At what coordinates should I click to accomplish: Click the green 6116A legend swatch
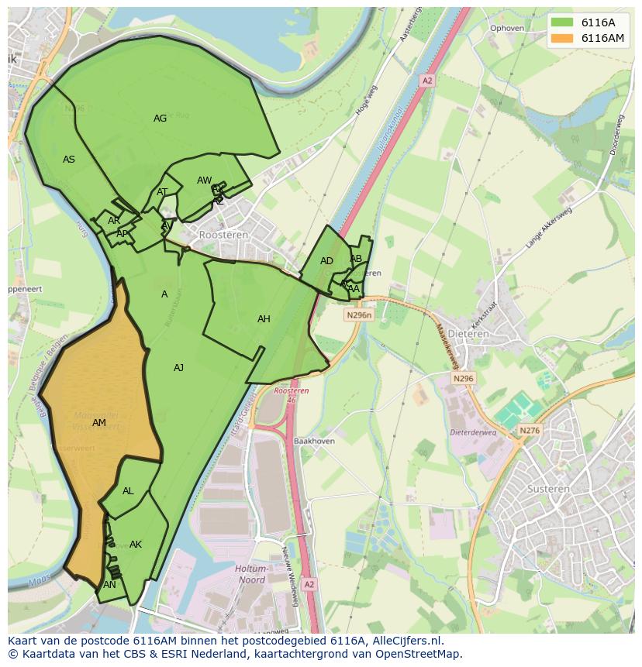(562, 22)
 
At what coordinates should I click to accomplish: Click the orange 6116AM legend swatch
(562, 38)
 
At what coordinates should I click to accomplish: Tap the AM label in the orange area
(98, 423)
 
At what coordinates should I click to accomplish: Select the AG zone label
(160, 119)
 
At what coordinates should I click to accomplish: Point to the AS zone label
(69, 160)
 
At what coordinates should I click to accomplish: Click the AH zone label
(264, 319)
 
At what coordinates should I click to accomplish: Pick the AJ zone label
(178, 368)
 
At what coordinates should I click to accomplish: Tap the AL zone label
(128, 491)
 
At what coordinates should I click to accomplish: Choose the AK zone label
(136, 545)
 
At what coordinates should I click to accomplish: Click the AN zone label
(109, 585)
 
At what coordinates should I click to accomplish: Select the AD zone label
(326, 261)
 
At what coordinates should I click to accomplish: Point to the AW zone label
(204, 181)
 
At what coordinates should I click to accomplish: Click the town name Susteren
(548, 489)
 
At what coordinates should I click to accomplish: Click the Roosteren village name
(223, 234)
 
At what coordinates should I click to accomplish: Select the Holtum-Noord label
(250, 574)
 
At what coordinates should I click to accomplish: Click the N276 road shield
(530, 431)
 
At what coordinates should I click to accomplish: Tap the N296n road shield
(359, 315)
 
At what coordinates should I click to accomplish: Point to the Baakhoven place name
(314, 441)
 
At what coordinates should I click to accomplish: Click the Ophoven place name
(506, 29)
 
